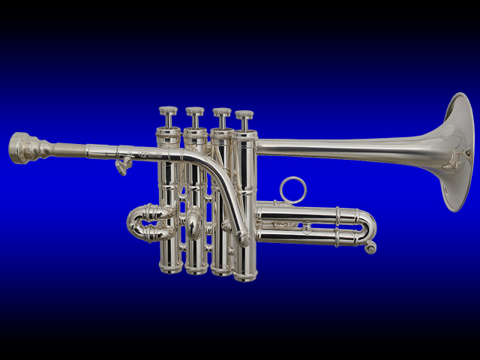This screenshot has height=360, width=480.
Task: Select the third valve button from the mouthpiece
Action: click(221, 113)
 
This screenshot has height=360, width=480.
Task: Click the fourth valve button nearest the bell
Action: click(244, 115)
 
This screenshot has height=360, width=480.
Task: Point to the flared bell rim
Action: click(463, 150)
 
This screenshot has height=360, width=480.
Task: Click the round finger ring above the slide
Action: click(293, 189)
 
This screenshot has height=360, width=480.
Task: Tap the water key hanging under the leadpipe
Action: click(121, 166)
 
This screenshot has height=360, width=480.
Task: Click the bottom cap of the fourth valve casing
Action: click(245, 274)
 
